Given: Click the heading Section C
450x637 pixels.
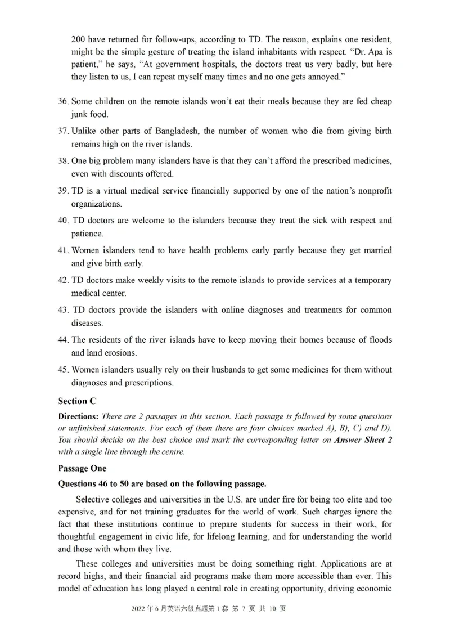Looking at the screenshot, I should [76, 401].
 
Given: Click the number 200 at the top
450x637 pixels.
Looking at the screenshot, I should [79, 40].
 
